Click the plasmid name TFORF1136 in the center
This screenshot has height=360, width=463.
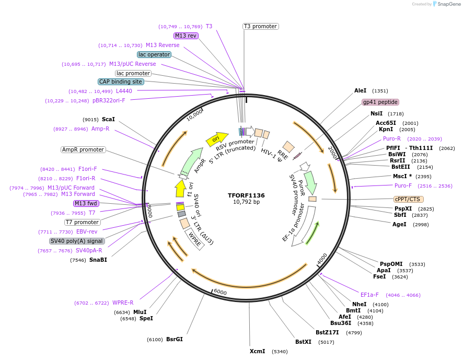(246, 195)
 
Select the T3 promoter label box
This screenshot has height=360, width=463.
(260, 26)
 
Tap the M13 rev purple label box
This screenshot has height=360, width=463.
(186, 36)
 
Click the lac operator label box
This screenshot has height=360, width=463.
(154, 54)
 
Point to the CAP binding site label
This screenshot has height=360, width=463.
(120, 82)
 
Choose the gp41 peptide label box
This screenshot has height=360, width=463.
(380, 102)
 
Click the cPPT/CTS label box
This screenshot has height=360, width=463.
(409, 199)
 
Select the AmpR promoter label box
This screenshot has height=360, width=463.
(83, 149)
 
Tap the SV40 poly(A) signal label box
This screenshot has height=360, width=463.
(77, 241)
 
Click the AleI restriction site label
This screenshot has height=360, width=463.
(361, 90)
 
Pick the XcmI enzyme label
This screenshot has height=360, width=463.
(257, 351)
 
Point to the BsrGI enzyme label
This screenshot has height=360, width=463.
(175, 339)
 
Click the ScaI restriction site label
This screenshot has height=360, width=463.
(108, 119)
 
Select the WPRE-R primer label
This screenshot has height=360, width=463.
(123, 303)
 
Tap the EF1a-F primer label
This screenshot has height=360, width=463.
(369, 295)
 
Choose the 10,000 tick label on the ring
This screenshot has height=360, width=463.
(195, 114)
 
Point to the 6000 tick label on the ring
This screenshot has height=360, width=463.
(221, 292)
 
